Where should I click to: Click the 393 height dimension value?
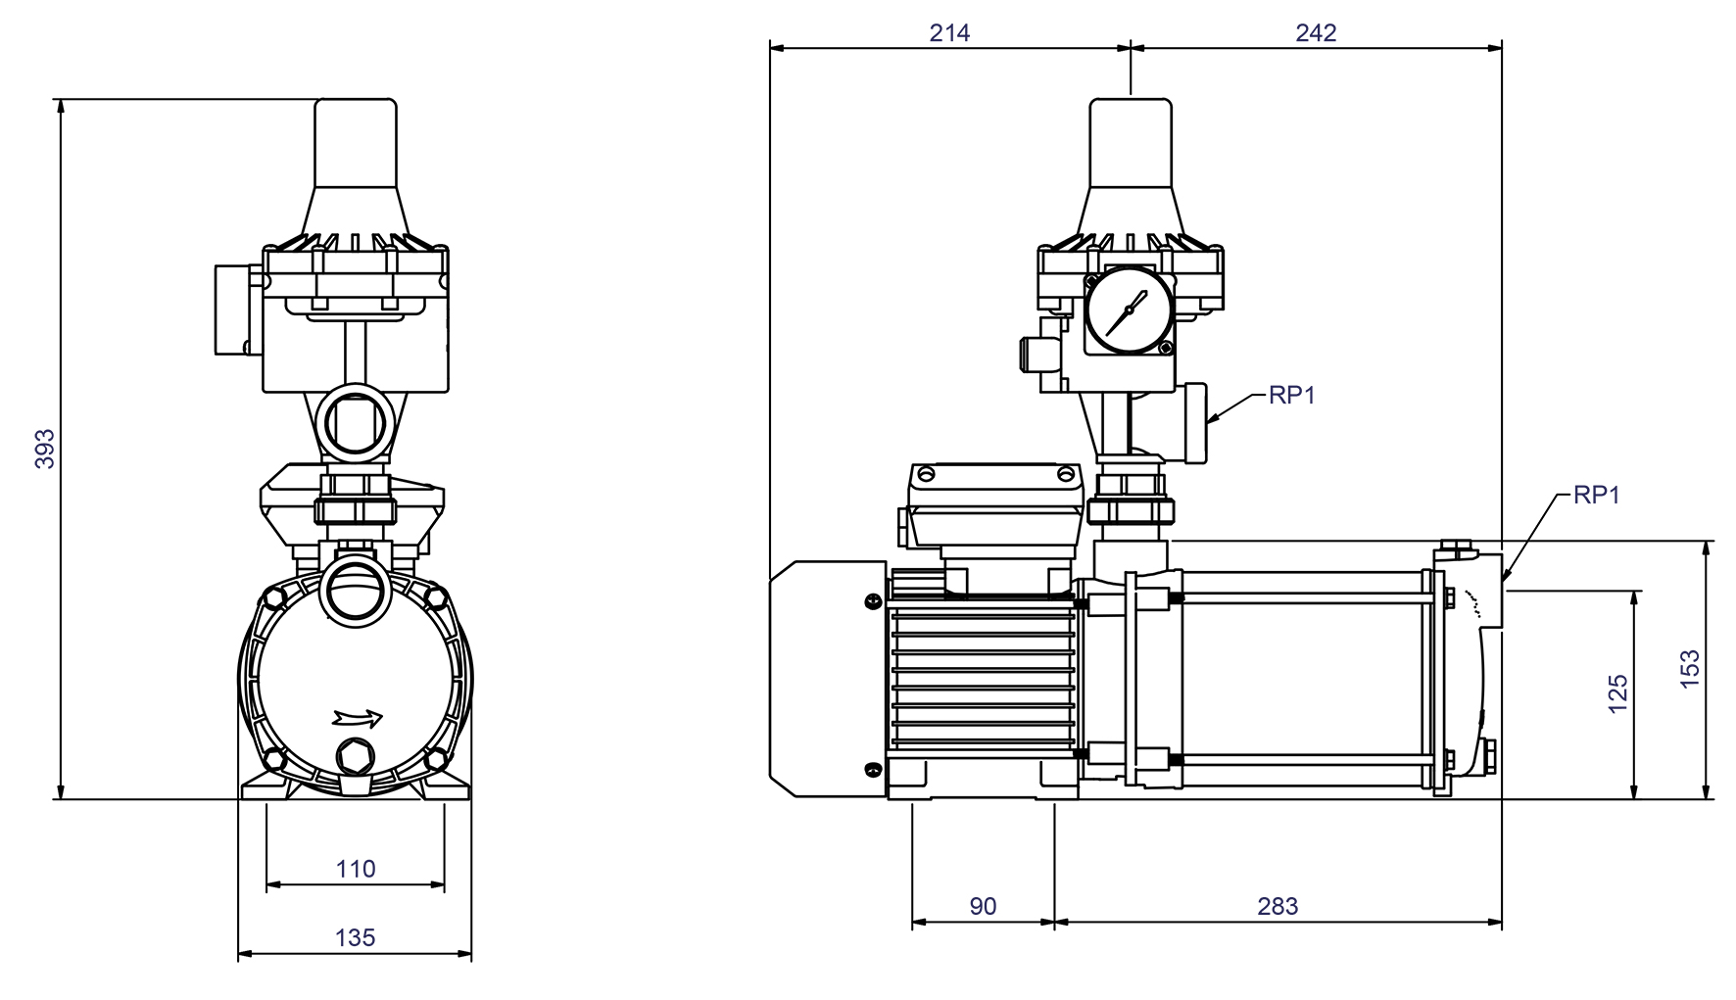[45, 448]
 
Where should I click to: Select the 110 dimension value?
[356, 869]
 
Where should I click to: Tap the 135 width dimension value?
[355, 937]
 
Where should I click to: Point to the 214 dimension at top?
[949, 33]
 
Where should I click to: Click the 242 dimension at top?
[1316, 33]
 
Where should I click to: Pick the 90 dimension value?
[983, 906]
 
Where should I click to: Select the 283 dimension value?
[1278, 906]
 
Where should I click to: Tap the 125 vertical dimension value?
[1617, 692]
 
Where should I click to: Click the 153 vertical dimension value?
[1690, 670]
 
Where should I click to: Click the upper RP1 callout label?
[1291, 396]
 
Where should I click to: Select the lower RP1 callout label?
[1596, 496]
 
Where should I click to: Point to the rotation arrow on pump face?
[358, 718]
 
